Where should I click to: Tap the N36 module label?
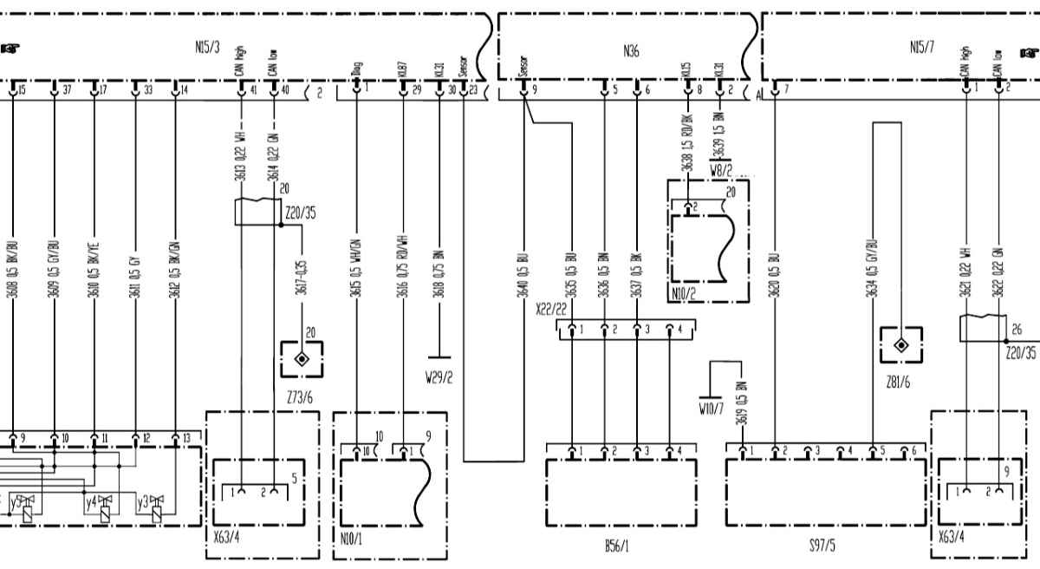(631, 52)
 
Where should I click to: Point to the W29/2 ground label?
(440, 376)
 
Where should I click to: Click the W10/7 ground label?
(712, 407)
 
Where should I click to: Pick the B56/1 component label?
(617, 548)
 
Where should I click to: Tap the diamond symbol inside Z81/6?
(900, 344)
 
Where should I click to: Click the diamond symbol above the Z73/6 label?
(302, 359)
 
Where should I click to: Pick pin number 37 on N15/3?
(67, 89)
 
